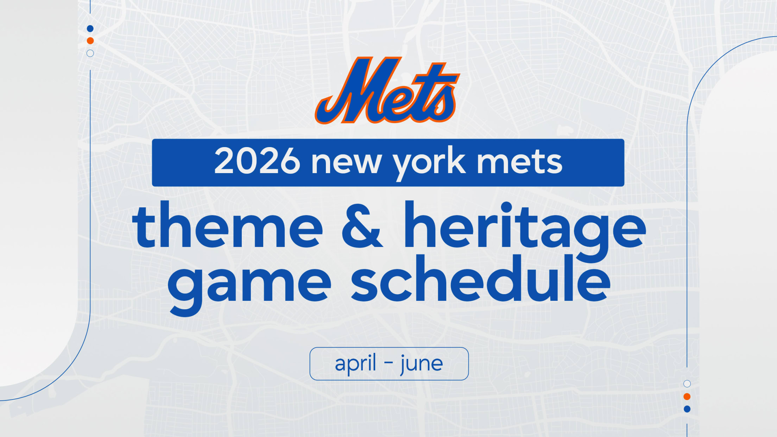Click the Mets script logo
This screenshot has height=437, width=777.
(387, 90)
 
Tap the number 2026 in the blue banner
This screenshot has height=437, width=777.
(257, 161)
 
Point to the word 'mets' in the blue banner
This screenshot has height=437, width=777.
(519, 162)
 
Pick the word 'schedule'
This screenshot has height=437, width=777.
(480, 278)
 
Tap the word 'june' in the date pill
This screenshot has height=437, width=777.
(422, 364)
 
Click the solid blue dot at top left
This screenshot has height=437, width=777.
(90, 28)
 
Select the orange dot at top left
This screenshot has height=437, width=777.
(90, 41)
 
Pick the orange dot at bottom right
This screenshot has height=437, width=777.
(687, 397)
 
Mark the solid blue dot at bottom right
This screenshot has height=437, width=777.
(687, 409)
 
